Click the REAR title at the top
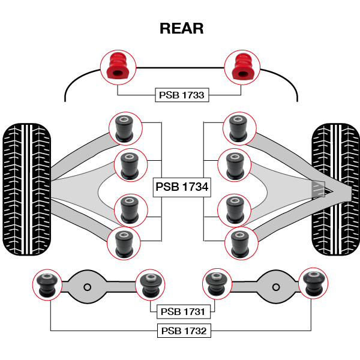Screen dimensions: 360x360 (x=181, y=28)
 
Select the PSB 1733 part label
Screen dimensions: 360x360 (x=181, y=95)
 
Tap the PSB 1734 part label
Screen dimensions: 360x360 (x=182, y=187)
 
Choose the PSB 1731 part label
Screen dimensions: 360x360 (x=182, y=312)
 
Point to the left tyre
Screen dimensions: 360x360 (x=26, y=189)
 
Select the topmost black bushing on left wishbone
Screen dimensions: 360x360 (x=125, y=127)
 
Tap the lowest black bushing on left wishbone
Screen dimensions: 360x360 (x=124, y=243)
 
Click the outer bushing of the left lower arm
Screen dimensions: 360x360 (x=47, y=284)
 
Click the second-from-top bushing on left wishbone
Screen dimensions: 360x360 (x=130, y=164)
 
